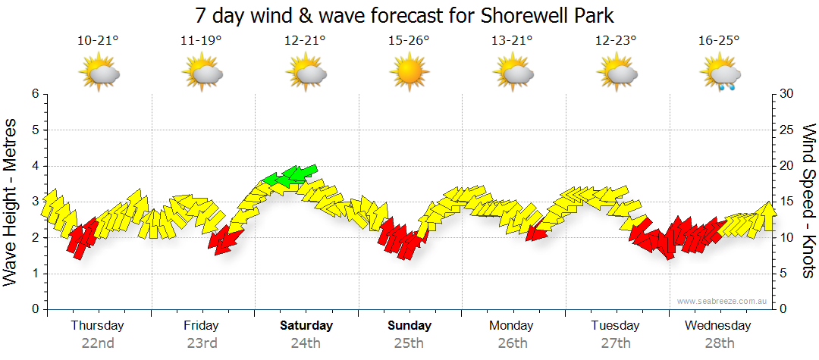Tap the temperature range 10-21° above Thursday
coord(98,41)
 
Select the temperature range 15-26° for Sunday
coord(409,41)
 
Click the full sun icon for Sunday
coord(409,73)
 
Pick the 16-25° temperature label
coord(719,41)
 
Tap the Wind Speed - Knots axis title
coord(808,201)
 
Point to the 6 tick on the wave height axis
coord(34,94)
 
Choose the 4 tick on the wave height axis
coord(34,166)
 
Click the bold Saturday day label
coord(306,326)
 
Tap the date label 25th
coord(409,343)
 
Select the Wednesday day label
coord(717,326)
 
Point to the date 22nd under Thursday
coord(98,343)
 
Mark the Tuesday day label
coord(615,326)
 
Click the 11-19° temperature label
coord(201,41)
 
